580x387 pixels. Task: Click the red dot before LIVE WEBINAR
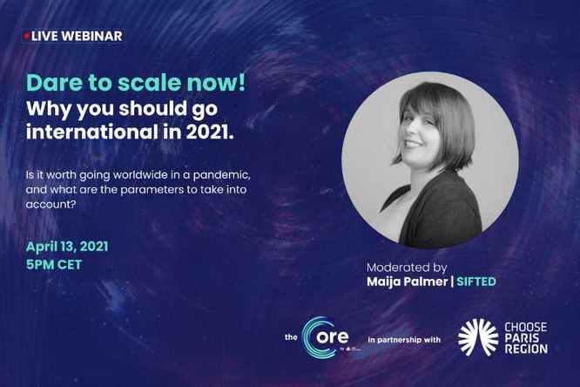(27, 37)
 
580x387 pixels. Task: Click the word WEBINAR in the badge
(91, 36)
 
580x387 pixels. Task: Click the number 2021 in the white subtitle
(210, 132)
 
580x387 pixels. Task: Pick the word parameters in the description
(152, 190)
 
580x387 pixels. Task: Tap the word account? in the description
(51, 205)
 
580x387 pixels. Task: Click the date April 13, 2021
(67, 247)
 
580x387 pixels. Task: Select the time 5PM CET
(54, 264)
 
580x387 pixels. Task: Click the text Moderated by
(407, 268)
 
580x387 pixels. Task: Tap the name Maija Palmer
(407, 282)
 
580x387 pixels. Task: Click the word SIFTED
(476, 282)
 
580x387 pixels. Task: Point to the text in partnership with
(404, 340)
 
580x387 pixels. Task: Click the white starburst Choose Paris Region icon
(478, 337)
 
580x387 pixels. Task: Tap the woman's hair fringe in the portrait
(425, 101)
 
